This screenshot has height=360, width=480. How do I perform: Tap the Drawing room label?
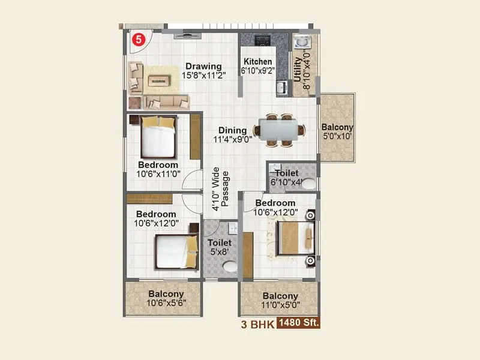(203, 66)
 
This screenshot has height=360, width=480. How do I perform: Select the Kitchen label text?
(257, 62)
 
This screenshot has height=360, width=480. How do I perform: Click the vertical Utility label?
(298, 70)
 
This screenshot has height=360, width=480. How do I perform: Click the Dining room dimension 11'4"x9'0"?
(232, 140)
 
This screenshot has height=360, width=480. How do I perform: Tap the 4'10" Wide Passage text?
(220, 188)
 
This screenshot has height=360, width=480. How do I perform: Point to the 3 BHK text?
(257, 324)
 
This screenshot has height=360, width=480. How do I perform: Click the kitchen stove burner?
(263, 41)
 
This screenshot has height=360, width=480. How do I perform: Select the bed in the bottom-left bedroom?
(176, 251)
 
